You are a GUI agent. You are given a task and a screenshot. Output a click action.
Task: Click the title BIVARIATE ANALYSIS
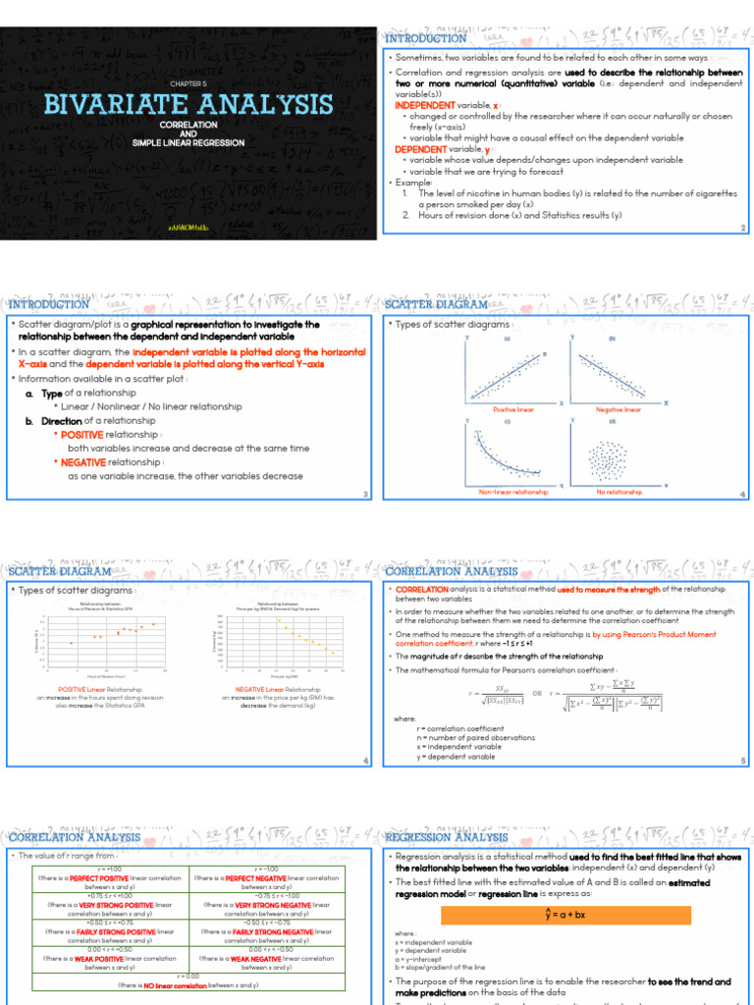click(188, 104)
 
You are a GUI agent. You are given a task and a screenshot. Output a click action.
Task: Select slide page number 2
click(743, 229)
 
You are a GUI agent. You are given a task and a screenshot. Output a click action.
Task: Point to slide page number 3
click(365, 494)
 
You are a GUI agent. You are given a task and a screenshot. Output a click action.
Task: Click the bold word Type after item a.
click(52, 393)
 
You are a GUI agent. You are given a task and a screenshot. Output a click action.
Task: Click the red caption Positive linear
click(512, 409)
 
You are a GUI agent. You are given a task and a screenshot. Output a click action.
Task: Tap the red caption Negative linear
click(618, 409)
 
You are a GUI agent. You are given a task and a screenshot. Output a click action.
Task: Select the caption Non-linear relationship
click(512, 492)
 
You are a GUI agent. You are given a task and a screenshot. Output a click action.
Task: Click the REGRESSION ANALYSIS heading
click(447, 837)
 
